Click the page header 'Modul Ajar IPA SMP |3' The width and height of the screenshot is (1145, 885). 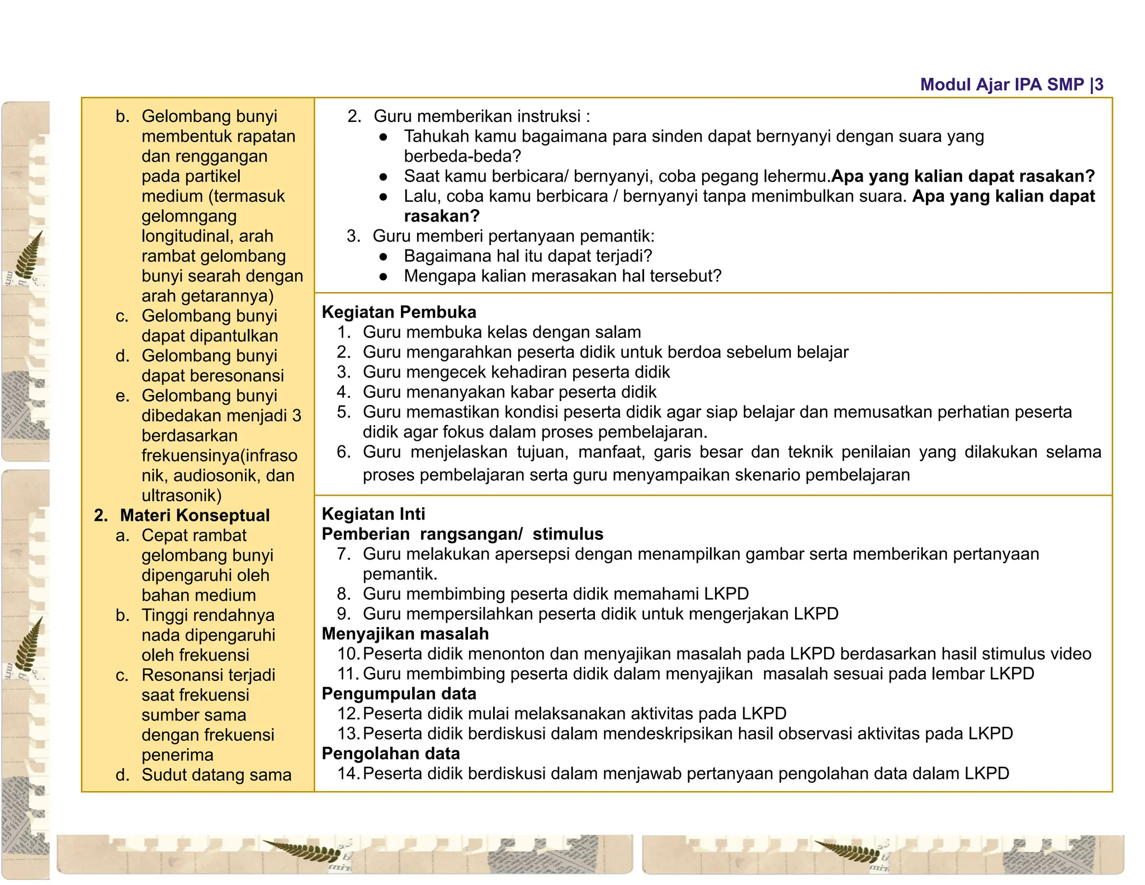pyautogui.click(x=1011, y=84)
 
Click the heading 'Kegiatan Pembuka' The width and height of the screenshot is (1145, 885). pyautogui.click(x=399, y=312)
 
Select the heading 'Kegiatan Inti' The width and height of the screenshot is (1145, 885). pyautogui.click(x=373, y=514)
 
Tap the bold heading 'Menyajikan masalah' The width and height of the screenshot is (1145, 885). pyautogui.click(x=405, y=634)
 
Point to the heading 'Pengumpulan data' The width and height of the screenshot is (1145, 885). pyautogui.click(x=399, y=694)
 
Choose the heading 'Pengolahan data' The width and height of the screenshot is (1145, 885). pyautogui.click(x=391, y=754)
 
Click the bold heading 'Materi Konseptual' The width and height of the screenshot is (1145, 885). pyautogui.click(x=195, y=515)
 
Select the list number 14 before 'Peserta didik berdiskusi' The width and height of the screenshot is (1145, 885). pyautogui.click(x=348, y=774)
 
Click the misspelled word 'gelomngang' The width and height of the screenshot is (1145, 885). pyautogui.click(x=189, y=216)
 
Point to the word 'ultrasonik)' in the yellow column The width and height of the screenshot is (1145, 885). pyautogui.click(x=182, y=496)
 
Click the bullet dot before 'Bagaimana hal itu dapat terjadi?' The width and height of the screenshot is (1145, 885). pyautogui.click(x=383, y=257)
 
